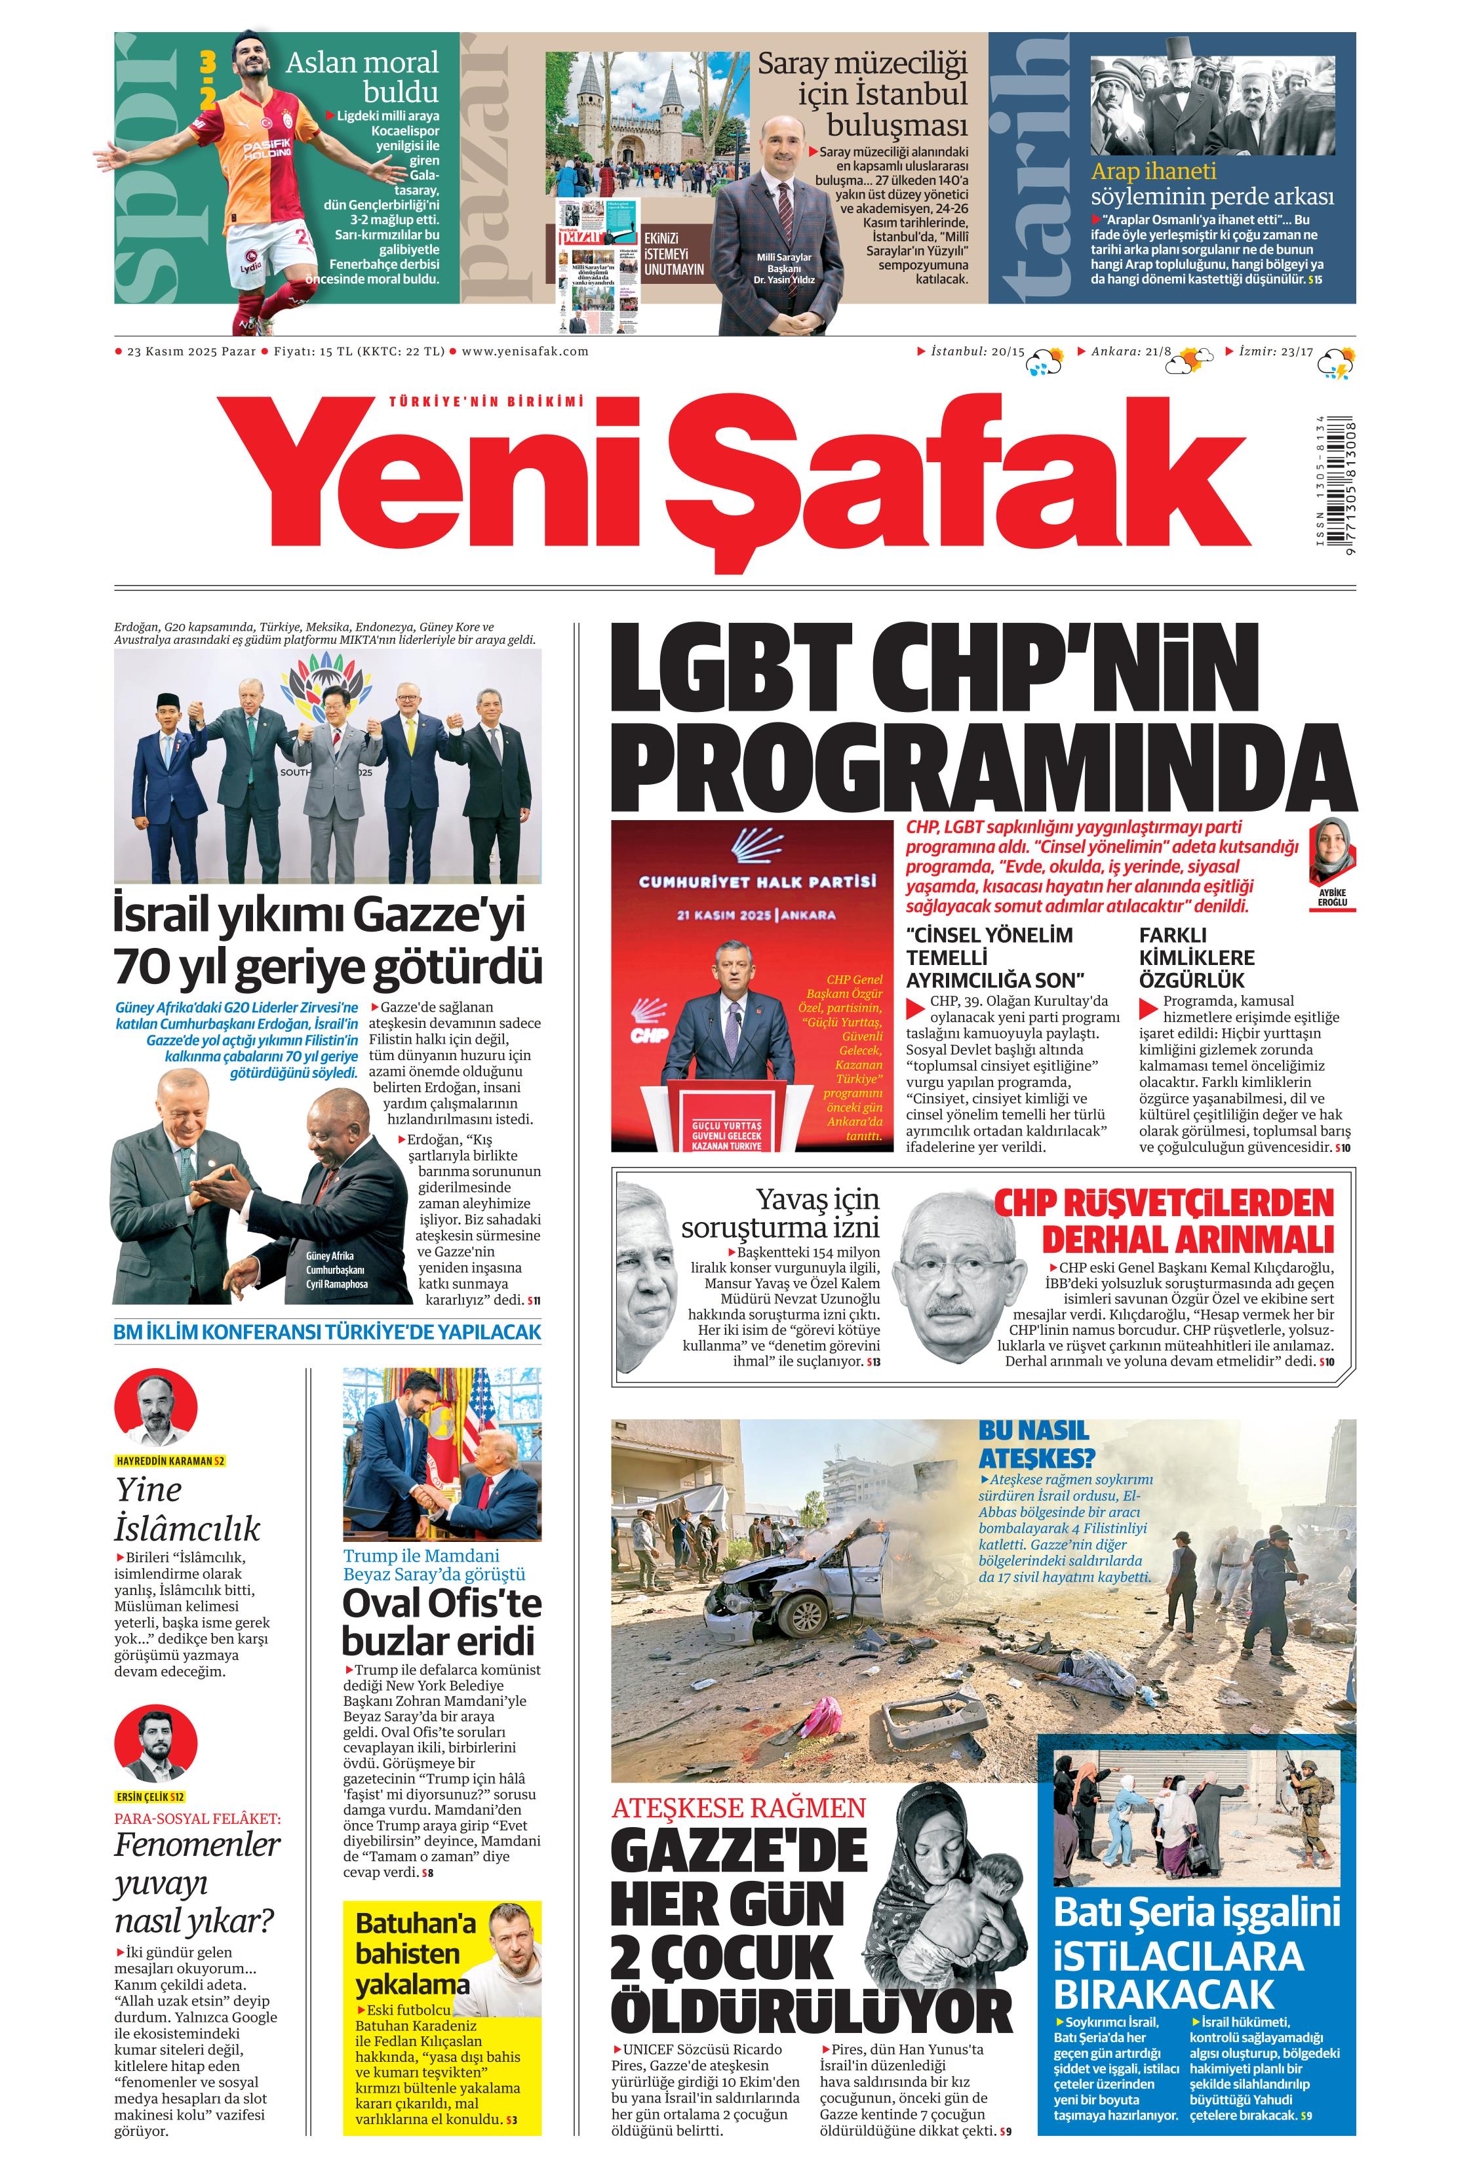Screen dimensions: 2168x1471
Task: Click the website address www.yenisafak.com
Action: coord(524,351)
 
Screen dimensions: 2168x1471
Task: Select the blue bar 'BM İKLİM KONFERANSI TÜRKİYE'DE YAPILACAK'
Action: coord(326,1332)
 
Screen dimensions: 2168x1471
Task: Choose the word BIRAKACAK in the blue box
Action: coord(1163,1994)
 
